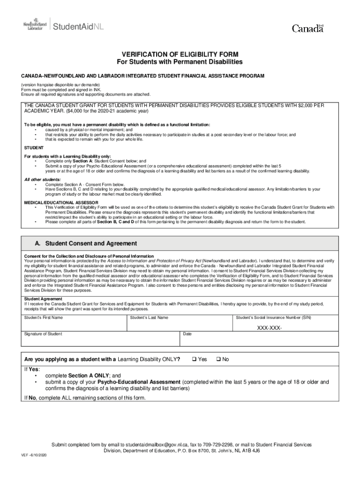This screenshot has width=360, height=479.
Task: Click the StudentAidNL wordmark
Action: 78,26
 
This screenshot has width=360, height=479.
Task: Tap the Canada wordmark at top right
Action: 307,29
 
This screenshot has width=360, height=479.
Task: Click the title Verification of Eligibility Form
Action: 180,54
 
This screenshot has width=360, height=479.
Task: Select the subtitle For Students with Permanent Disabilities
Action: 180,62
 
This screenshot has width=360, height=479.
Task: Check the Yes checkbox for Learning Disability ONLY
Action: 194,359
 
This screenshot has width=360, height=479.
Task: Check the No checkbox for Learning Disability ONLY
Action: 218,359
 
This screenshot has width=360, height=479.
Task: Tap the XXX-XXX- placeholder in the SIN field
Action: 270,327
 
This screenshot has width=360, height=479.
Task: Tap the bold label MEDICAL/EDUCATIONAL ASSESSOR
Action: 55,203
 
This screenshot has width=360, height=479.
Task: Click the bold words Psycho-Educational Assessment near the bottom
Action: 139,382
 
